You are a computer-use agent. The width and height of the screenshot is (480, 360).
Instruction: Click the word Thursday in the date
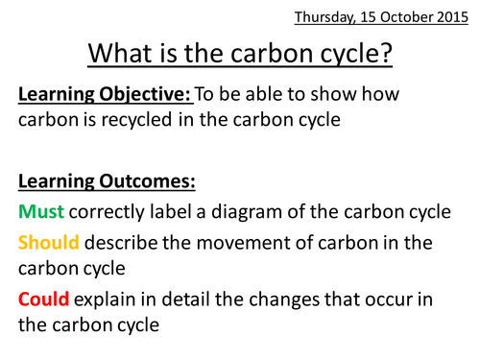tap(323, 17)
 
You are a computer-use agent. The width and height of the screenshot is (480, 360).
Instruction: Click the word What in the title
tap(121, 55)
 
